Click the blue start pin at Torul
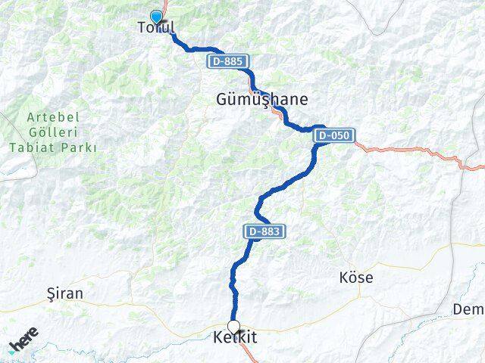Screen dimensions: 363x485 (156, 17)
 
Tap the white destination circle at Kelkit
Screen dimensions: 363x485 (234, 327)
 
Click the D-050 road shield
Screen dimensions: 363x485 (333, 135)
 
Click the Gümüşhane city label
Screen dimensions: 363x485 (262, 99)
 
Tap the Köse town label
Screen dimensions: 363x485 (356, 278)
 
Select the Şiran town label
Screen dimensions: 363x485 (65, 293)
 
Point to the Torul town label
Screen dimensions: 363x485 (156, 29)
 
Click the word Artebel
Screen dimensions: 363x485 (53, 117)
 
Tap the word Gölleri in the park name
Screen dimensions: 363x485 (53, 132)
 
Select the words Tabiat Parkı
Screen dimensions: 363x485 (53, 147)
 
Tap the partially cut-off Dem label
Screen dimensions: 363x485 (468, 309)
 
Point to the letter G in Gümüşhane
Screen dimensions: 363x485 (222, 99)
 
